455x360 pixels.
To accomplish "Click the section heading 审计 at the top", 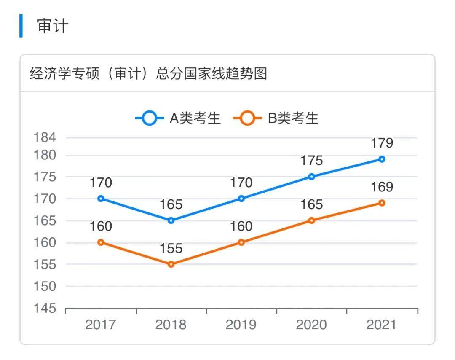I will coord(53,26).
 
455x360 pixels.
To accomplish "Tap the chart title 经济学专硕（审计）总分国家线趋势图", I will coord(149,74).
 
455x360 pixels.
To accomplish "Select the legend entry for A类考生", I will coord(178,118).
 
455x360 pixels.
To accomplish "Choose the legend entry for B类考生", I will coord(276,118).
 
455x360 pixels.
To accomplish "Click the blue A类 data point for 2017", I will coord(101,199).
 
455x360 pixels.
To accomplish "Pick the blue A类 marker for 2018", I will coord(171,220).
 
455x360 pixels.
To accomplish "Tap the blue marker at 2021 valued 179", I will coord(382,159).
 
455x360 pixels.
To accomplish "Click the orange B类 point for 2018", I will coord(171,264).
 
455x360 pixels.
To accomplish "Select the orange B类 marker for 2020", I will coord(312,220).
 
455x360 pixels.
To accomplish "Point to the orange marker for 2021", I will coord(382,203).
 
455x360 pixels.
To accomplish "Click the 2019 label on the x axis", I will coord(241,325).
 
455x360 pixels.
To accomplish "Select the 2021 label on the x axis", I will coord(382,325).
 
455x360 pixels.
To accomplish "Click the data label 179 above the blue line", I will coord(382,143).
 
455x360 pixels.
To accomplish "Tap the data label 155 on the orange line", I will coord(171,249).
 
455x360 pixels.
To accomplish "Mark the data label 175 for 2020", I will coord(312,161).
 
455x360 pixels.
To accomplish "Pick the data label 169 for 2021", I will coord(382,187).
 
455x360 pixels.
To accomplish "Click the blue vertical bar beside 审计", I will coord(21,26).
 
